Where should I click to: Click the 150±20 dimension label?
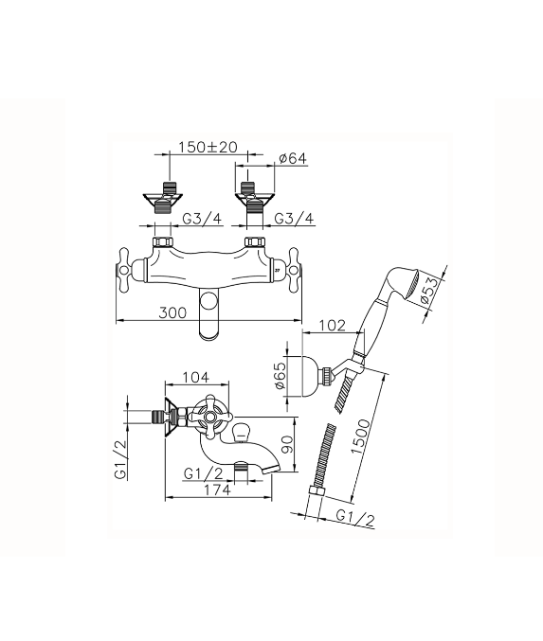(x=208, y=147)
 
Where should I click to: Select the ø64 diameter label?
(x=292, y=158)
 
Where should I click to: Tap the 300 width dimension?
(x=172, y=312)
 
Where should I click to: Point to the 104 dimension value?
(x=195, y=377)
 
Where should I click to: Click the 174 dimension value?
(x=217, y=490)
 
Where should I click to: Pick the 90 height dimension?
(x=288, y=443)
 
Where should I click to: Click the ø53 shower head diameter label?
(x=429, y=290)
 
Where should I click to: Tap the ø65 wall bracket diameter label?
(x=280, y=376)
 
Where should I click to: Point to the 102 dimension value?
(x=333, y=326)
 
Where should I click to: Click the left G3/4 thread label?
(x=202, y=219)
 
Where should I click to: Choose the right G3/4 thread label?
(x=294, y=219)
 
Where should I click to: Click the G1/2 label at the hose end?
(x=354, y=518)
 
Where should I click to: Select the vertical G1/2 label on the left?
(x=120, y=460)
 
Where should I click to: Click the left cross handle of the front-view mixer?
(x=128, y=270)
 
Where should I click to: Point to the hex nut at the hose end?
(x=317, y=491)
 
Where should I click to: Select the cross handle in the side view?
(x=210, y=417)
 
